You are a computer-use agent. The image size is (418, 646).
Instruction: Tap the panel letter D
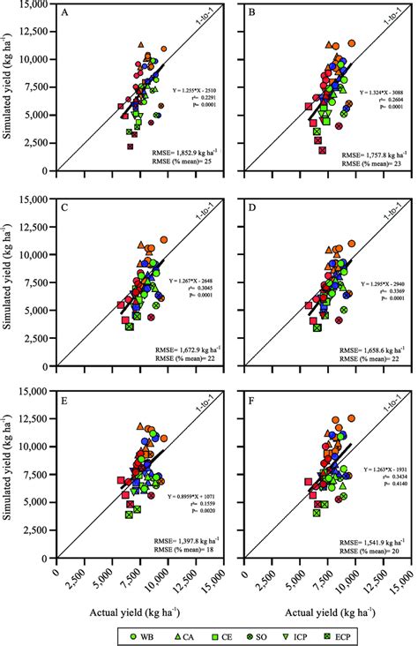(251, 208)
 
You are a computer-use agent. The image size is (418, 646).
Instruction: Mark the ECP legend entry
(355, 633)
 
